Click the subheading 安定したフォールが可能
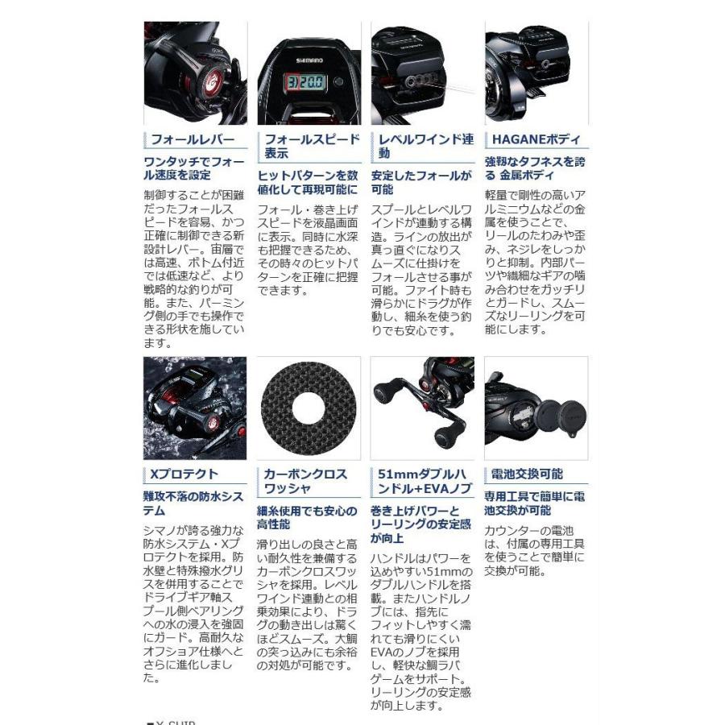point(421,182)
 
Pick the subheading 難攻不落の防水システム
point(193,503)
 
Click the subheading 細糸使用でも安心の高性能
point(307,516)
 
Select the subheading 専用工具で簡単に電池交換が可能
point(535,503)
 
